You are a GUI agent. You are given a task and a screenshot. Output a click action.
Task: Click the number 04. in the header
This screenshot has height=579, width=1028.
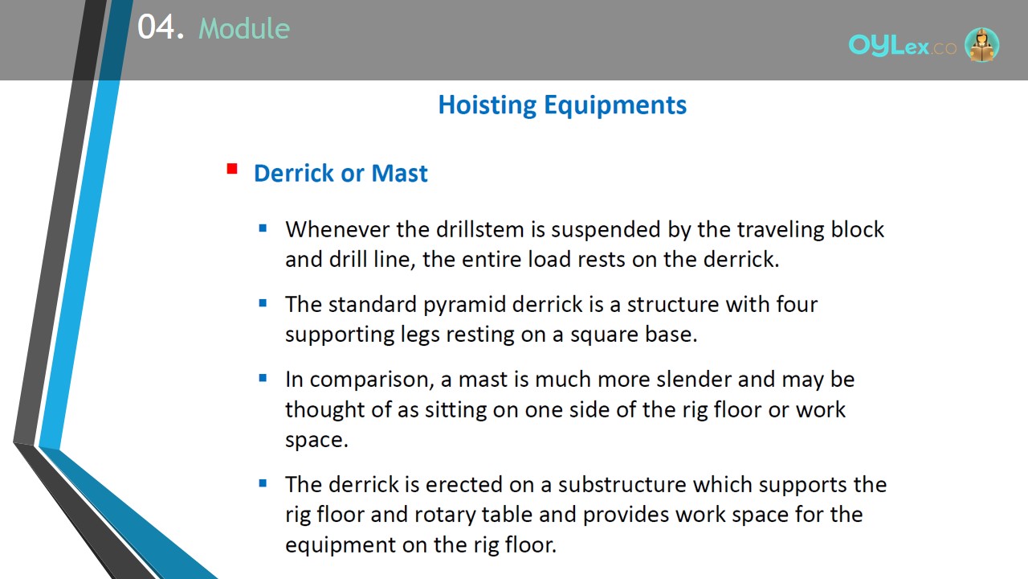(x=161, y=27)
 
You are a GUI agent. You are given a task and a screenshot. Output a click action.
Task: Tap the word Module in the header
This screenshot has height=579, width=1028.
(x=244, y=28)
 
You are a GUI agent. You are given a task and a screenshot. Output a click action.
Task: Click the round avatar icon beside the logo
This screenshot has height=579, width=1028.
(x=981, y=45)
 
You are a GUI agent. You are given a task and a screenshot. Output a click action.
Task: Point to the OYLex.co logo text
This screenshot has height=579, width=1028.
(x=902, y=46)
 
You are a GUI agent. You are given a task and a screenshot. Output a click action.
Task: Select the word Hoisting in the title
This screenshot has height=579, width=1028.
(x=487, y=105)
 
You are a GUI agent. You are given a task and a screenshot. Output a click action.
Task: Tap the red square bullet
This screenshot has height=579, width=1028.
(x=232, y=169)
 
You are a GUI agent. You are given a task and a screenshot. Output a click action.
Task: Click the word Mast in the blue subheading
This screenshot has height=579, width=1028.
(x=399, y=173)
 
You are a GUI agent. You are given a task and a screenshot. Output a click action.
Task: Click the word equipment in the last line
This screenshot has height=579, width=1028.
(x=340, y=545)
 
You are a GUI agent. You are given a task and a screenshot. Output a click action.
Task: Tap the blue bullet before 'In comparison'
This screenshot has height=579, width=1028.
(x=263, y=378)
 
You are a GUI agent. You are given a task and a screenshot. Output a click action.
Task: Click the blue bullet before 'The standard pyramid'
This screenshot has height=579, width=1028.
(x=263, y=303)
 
